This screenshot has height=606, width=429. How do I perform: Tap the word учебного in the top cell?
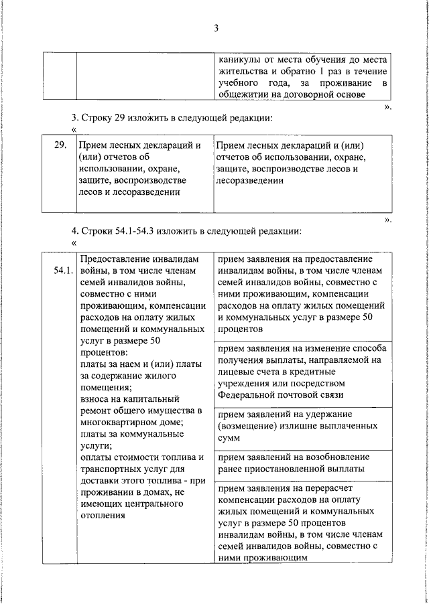pyautogui.click(x=240, y=82)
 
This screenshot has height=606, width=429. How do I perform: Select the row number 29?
pyautogui.click(x=59, y=145)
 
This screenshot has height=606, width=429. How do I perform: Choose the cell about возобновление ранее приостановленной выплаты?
pyautogui.click(x=304, y=462)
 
